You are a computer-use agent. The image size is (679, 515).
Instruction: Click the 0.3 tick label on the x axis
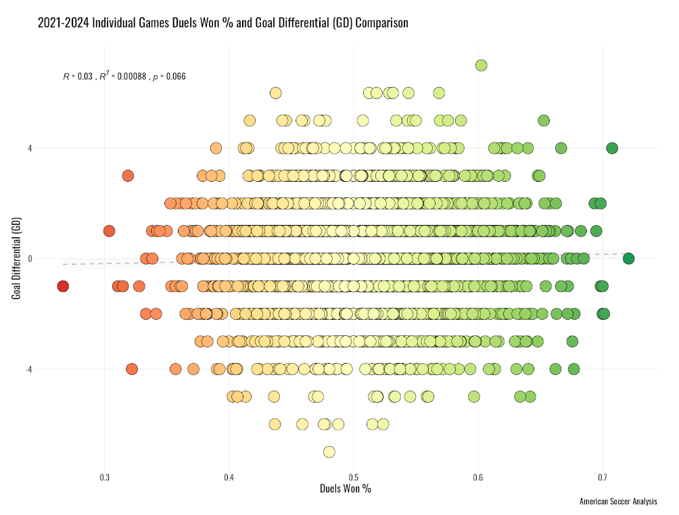tap(104, 478)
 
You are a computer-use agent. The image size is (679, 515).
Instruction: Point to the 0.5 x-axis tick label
tap(354, 478)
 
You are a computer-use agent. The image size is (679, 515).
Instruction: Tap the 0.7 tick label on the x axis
tap(603, 478)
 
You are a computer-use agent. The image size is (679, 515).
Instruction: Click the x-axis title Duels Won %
tap(345, 489)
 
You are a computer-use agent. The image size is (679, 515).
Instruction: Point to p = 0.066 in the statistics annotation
tap(169, 77)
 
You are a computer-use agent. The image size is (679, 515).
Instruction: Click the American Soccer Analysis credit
tap(618, 502)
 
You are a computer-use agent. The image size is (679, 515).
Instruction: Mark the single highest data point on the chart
tap(482, 66)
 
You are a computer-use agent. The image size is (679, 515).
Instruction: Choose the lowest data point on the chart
tap(329, 451)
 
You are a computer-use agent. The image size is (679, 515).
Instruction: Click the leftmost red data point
tap(63, 287)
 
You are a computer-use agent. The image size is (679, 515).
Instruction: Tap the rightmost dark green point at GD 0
tap(628, 259)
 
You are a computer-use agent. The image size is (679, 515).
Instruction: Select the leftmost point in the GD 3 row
tap(128, 176)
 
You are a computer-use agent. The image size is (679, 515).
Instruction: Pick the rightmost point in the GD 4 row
tap(612, 148)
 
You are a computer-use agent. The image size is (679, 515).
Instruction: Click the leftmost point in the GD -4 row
tap(132, 369)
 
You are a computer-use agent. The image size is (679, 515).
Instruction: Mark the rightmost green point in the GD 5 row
tap(544, 120)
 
